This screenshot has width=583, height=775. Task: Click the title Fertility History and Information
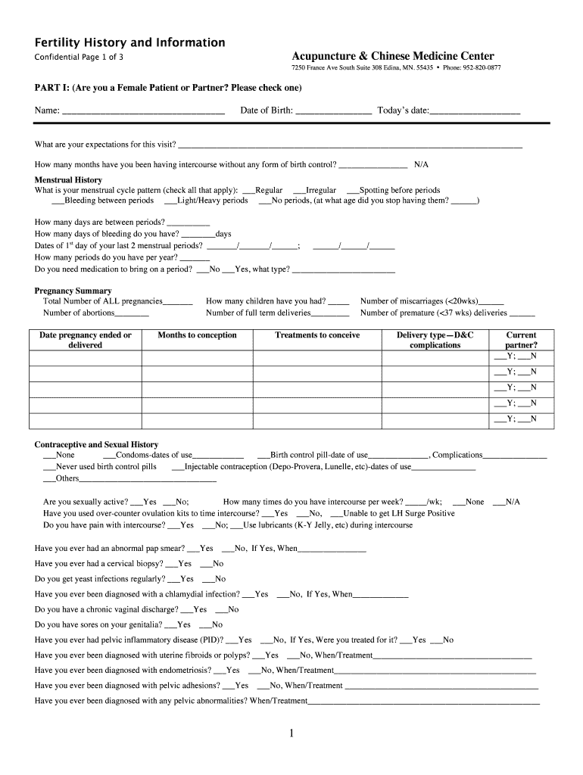click(x=129, y=42)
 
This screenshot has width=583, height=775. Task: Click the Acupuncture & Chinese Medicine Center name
click(x=393, y=56)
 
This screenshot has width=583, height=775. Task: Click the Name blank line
click(x=143, y=111)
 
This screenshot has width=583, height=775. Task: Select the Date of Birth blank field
click(x=333, y=111)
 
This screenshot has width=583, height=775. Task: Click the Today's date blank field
click(x=475, y=111)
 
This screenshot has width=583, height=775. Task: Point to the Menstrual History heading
click(x=68, y=179)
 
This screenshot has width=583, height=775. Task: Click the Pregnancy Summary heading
click(x=73, y=291)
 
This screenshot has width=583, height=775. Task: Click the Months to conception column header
click(x=197, y=335)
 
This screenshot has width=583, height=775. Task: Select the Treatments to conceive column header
click(x=317, y=335)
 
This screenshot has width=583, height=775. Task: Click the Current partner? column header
click(x=521, y=340)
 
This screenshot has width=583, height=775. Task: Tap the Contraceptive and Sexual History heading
click(x=96, y=444)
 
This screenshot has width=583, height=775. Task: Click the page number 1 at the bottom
click(x=291, y=733)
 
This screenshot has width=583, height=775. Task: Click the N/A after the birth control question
click(x=422, y=164)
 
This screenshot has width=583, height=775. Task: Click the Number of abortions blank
click(x=133, y=313)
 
